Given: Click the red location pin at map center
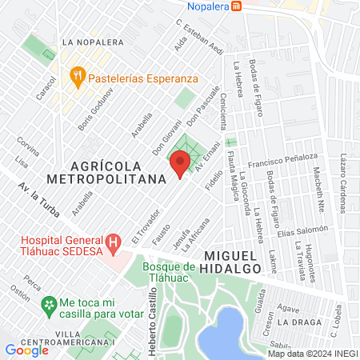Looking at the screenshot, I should coord(180,165).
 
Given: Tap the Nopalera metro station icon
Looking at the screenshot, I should coord(236,6).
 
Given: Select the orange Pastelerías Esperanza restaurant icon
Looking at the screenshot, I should coord(77,78).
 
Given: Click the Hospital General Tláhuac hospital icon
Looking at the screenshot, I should coord(113,241).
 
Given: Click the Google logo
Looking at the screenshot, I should coord(27,350).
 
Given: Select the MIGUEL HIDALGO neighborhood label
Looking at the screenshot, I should coord(233,262).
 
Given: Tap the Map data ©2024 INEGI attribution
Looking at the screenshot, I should coord(312,354).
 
